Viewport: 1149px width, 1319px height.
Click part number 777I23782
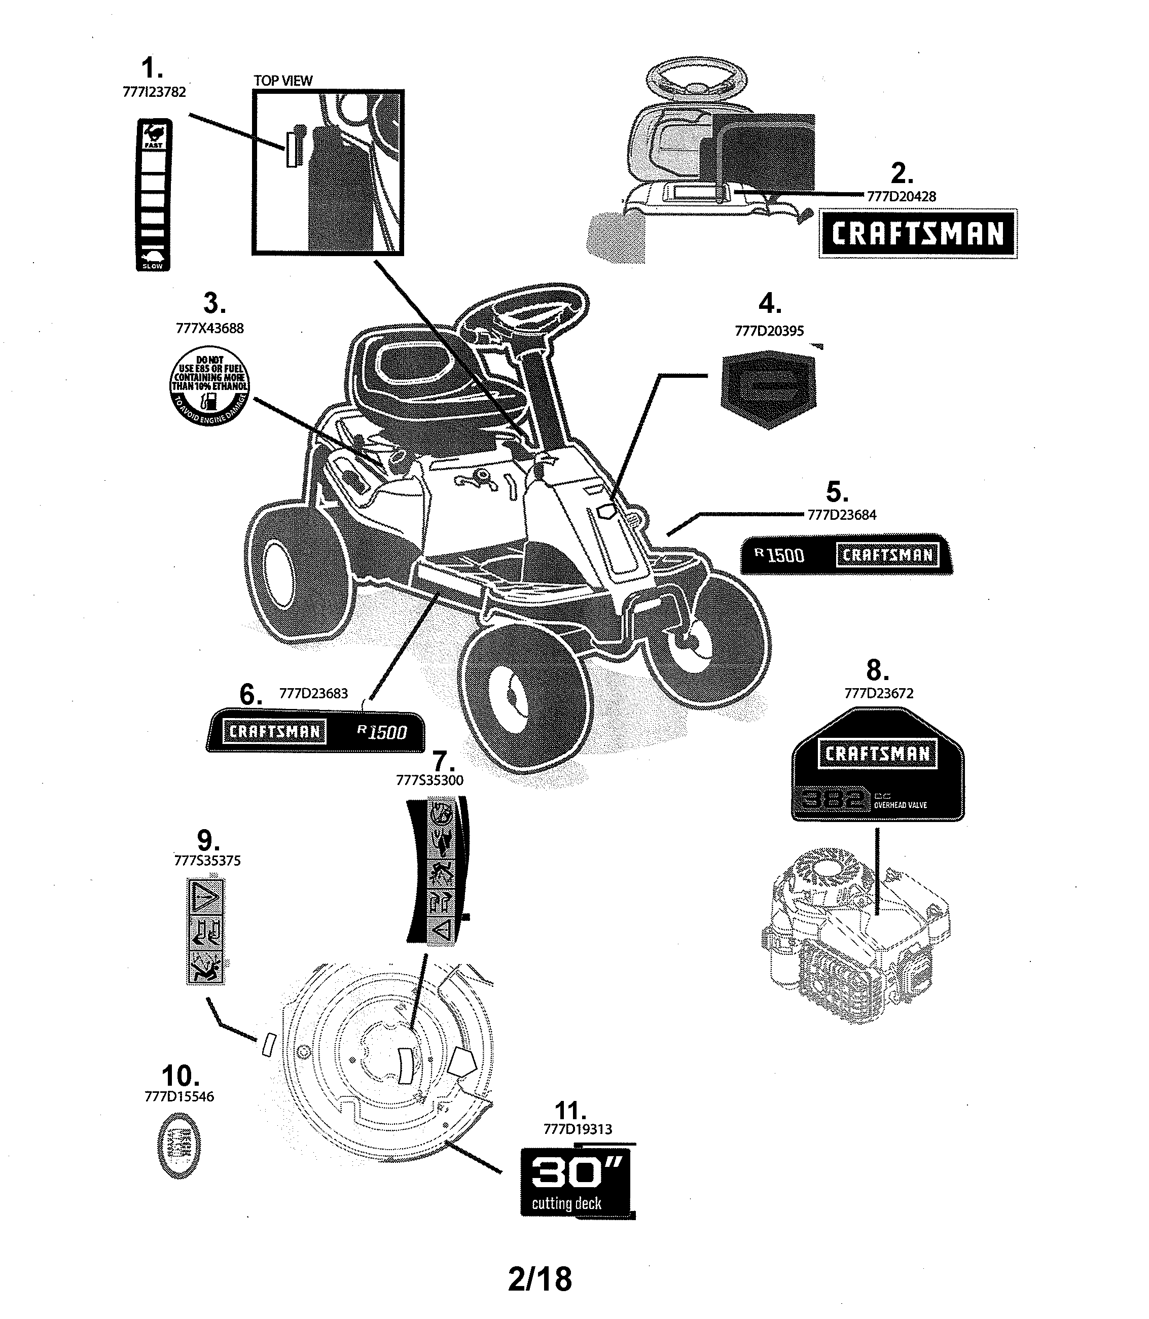point(154,92)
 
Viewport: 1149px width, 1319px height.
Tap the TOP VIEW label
point(283,81)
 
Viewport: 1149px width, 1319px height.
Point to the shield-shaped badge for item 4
point(769,388)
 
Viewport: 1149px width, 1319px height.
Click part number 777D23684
point(842,515)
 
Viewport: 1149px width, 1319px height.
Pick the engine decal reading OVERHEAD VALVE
point(878,764)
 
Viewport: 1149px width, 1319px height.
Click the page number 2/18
point(539,1278)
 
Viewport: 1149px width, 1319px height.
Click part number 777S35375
point(207,861)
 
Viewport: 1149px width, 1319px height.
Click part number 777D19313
point(578,1129)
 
